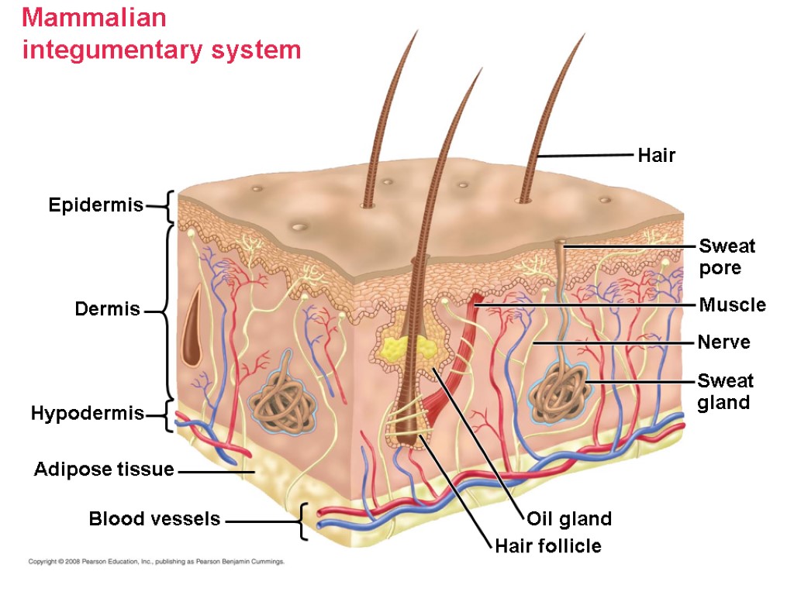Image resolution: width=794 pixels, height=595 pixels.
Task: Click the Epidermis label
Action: [x=95, y=205]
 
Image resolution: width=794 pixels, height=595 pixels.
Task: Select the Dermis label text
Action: [x=107, y=310]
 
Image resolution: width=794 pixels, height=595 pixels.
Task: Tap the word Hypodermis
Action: [x=87, y=414]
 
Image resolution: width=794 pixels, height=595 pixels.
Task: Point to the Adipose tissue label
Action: [x=104, y=469]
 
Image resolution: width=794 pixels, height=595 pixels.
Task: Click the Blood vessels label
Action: [x=154, y=519]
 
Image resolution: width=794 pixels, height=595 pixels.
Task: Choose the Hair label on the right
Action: [x=656, y=156]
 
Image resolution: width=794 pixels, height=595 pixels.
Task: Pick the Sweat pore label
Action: [x=727, y=257]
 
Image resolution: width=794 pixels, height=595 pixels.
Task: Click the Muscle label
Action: [x=732, y=305]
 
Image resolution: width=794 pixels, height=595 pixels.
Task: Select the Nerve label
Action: [x=723, y=342]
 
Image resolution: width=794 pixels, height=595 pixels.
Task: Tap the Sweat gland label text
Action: [x=725, y=391]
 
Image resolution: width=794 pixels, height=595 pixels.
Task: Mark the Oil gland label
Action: [x=569, y=519]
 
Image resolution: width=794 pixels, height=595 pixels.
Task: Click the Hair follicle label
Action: [x=548, y=546]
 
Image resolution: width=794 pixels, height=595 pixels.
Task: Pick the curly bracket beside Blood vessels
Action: [x=302, y=521]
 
